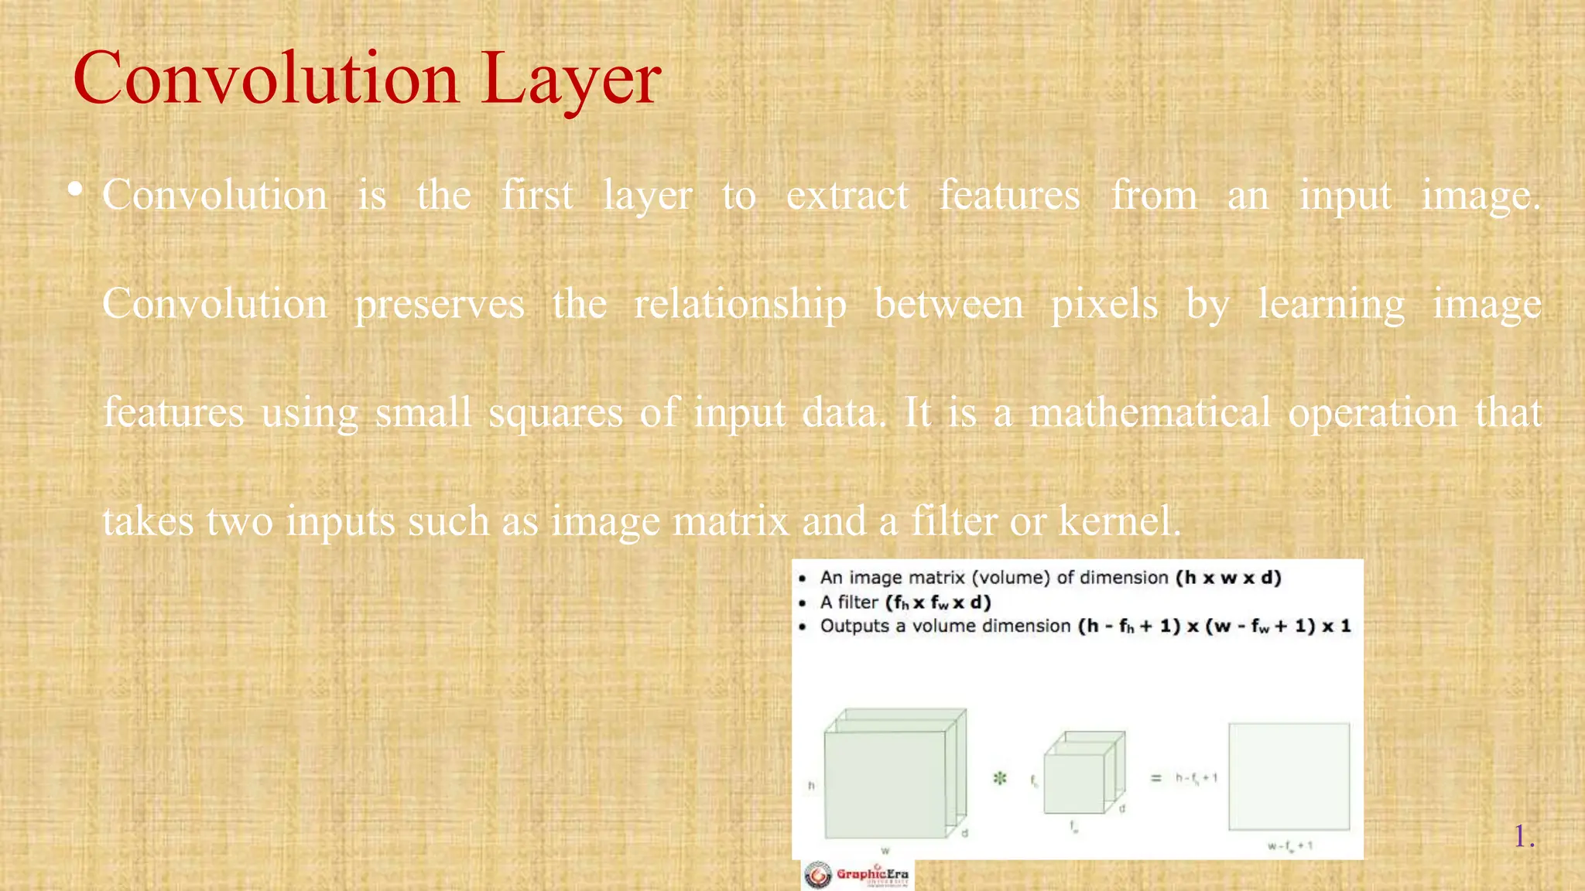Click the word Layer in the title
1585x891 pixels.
point(570,79)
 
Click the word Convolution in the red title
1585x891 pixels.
point(266,79)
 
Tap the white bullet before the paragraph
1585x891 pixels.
point(75,189)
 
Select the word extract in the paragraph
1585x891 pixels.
point(847,196)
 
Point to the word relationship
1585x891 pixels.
point(740,304)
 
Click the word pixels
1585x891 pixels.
point(1104,304)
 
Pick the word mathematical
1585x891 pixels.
point(1149,412)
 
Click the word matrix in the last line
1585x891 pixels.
point(731,521)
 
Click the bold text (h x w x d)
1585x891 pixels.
point(1228,578)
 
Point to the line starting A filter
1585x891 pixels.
point(905,602)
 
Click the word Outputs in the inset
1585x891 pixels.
point(854,626)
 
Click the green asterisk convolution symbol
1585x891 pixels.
point(1000,778)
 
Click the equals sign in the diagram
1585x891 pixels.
point(1155,778)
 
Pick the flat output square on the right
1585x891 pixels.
point(1289,777)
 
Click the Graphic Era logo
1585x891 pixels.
point(857,875)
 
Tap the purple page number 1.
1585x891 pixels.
point(1521,836)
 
